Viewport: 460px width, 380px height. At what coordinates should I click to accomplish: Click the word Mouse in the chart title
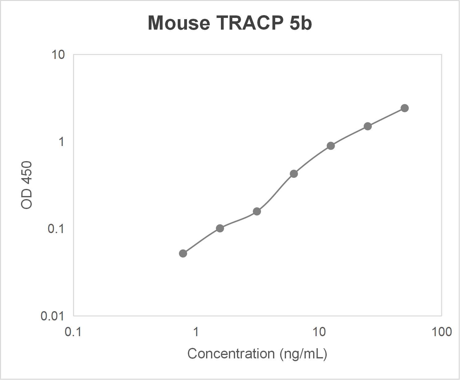tap(179, 23)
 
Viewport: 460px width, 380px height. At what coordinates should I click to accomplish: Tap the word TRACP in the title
tap(250, 23)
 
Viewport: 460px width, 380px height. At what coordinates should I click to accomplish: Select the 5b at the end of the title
tap(300, 23)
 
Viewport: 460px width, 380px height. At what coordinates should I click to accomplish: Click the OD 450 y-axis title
tap(27, 185)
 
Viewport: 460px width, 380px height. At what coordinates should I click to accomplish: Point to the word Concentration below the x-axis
tap(231, 354)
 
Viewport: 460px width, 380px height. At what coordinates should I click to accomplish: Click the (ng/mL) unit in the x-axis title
tap(303, 354)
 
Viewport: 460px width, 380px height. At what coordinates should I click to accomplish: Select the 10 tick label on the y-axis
tap(58, 55)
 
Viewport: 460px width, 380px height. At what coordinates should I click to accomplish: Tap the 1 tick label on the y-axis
tap(61, 142)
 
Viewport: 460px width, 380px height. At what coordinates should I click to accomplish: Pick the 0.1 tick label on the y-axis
tap(56, 229)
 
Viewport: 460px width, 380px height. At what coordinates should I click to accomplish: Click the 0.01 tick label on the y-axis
tap(52, 316)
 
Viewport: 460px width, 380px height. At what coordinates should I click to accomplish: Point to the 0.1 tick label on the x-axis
tap(73, 332)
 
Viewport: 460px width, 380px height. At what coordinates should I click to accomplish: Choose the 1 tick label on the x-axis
tap(196, 332)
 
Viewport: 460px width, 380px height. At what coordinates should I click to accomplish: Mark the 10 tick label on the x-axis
tap(319, 332)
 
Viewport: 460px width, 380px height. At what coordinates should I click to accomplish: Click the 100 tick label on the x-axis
tap(442, 332)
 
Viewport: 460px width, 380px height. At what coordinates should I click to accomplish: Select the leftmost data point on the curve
tap(183, 253)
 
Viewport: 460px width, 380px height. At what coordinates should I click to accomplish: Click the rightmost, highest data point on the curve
tap(405, 108)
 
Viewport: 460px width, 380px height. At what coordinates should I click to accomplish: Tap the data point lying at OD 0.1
tap(220, 228)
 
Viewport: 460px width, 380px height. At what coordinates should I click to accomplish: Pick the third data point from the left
tap(257, 211)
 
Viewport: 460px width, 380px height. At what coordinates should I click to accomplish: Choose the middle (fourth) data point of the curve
tap(294, 174)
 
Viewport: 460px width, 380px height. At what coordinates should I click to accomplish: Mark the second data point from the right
tap(368, 126)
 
